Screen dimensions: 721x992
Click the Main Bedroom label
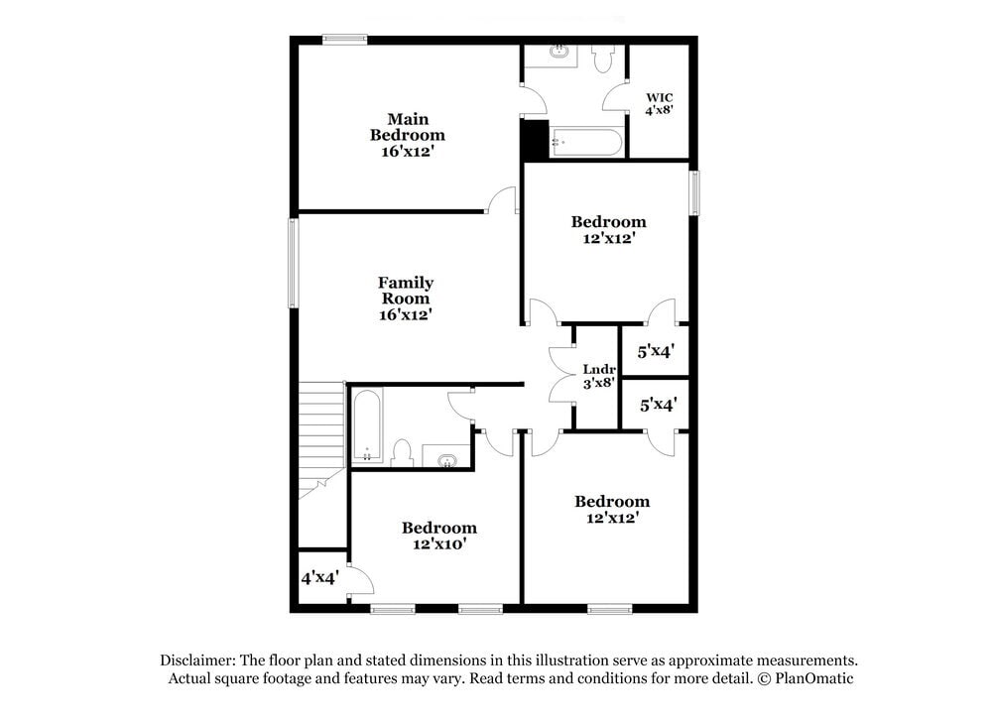[408, 135]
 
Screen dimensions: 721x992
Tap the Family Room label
[405, 299]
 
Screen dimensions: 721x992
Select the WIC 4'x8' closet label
[660, 104]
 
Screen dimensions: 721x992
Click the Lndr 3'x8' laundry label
[599, 378]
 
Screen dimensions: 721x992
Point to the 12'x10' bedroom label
[438, 536]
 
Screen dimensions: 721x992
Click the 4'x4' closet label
[320, 576]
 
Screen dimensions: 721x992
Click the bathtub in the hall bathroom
[365, 425]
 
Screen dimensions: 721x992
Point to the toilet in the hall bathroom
[402, 453]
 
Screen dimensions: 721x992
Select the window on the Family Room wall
[294, 263]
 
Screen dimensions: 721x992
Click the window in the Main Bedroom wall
[344, 40]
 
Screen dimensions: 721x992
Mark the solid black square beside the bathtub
[535, 140]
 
